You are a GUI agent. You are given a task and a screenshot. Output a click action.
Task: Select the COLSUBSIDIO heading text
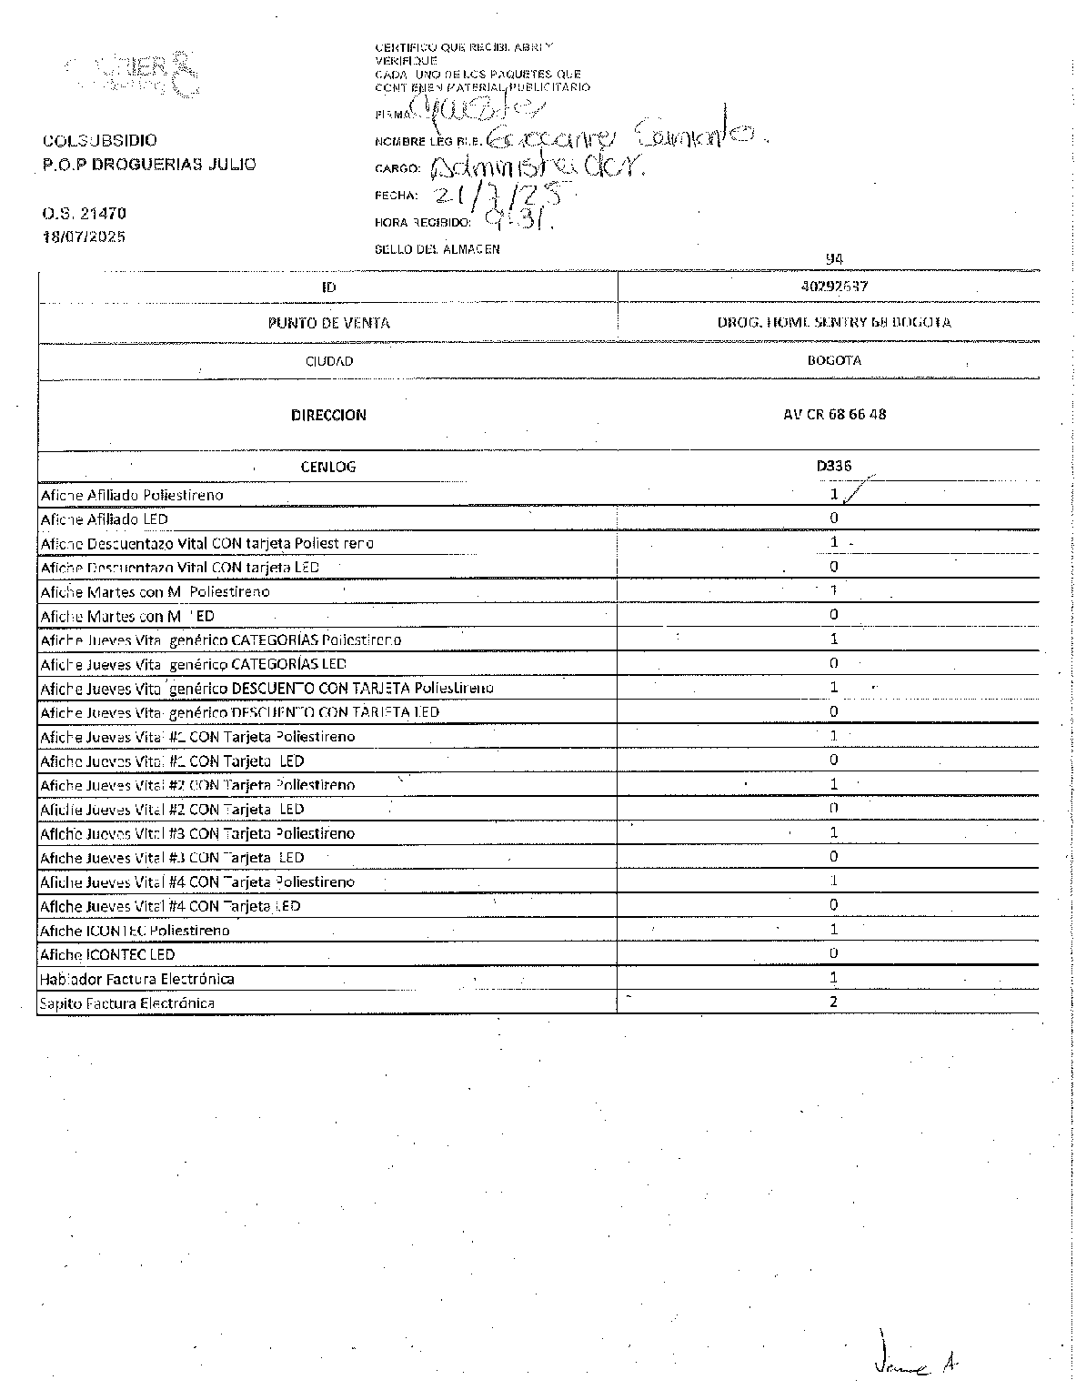(99, 140)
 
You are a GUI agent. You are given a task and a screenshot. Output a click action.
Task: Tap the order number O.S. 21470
(84, 214)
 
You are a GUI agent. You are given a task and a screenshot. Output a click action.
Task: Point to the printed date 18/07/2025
(84, 237)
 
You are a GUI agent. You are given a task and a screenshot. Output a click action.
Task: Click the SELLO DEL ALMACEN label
(437, 249)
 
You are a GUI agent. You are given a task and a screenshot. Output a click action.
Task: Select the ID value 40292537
(834, 286)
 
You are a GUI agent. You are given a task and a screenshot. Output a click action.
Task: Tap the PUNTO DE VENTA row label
(328, 323)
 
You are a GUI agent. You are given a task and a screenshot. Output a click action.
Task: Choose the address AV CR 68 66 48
(834, 415)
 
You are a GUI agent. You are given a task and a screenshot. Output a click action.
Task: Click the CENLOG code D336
(833, 466)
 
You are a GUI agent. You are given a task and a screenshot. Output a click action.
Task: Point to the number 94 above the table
(834, 259)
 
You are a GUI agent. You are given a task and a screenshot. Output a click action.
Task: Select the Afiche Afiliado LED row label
(105, 519)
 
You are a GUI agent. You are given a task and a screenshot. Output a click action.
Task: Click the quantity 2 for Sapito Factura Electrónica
(833, 1002)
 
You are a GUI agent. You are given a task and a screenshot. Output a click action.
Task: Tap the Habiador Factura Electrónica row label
(136, 979)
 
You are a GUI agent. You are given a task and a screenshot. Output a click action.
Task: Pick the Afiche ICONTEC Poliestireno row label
(135, 931)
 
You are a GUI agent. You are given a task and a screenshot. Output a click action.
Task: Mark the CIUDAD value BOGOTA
(834, 360)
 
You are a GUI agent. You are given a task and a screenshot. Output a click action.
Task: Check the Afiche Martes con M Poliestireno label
(155, 592)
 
